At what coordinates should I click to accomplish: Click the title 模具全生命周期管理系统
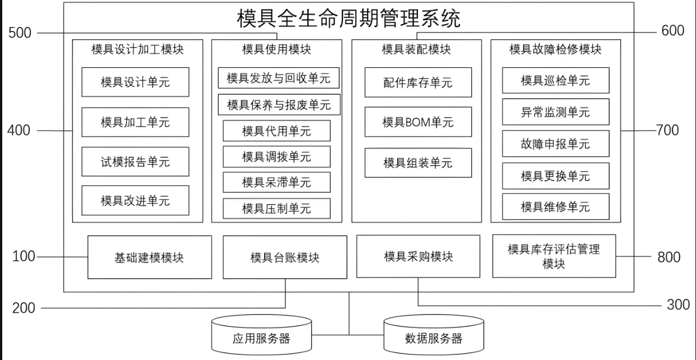tap(349, 18)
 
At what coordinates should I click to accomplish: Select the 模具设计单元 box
tap(135, 82)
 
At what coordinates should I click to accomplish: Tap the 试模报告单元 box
tap(135, 162)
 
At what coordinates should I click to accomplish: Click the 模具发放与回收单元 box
tap(278, 78)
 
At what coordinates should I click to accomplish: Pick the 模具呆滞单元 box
tap(276, 183)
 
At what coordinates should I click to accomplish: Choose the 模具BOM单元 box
tap(418, 122)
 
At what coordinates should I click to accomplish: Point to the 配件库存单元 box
tap(418, 83)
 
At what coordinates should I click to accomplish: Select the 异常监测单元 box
tap(555, 113)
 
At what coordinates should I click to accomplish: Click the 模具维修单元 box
tap(555, 207)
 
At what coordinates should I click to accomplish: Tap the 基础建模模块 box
tap(149, 258)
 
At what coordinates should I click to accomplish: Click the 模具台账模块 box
tap(285, 258)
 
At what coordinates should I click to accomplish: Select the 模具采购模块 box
tap(418, 256)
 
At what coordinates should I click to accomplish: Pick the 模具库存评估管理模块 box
tap(554, 256)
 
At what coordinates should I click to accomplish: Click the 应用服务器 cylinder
tap(261, 338)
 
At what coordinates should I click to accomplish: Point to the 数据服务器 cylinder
tap(434, 338)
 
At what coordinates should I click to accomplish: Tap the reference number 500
tap(20, 33)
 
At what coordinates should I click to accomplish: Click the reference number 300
tap(678, 305)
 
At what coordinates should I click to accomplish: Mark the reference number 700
tap(667, 130)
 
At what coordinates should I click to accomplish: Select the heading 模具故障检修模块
tap(555, 49)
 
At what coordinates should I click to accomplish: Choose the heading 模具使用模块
tap(276, 49)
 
